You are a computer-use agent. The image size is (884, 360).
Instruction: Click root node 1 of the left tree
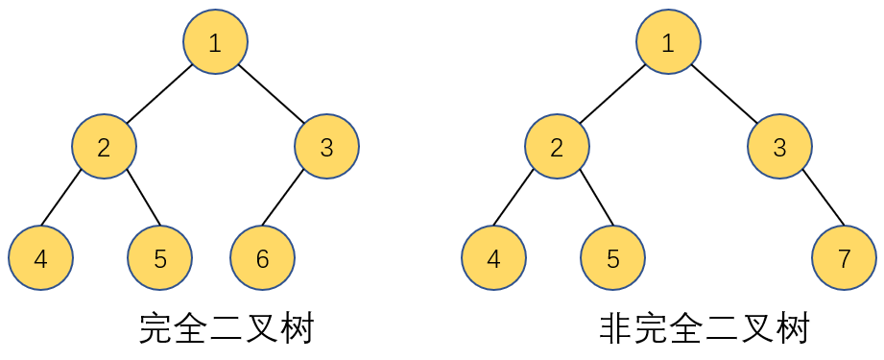click(215, 42)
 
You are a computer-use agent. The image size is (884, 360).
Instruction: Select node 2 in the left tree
click(104, 147)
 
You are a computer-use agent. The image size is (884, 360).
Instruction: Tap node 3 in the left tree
click(326, 147)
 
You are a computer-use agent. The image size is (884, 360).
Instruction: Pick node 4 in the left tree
click(40, 258)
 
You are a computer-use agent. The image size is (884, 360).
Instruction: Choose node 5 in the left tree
click(159, 258)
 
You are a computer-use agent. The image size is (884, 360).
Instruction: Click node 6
click(262, 258)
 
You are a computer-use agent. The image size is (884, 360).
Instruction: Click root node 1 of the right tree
click(668, 42)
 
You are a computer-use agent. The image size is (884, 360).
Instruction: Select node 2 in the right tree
click(557, 147)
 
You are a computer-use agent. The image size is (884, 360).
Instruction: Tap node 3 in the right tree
click(779, 147)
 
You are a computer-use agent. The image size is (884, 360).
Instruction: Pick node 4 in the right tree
click(493, 258)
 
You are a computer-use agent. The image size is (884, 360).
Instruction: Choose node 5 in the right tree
click(612, 258)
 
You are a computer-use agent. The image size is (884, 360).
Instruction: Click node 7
click(844, 258)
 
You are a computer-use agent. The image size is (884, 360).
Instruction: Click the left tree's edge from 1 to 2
click(159, 94)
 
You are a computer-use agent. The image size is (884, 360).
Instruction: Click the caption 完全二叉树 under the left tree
click(227, 329)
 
